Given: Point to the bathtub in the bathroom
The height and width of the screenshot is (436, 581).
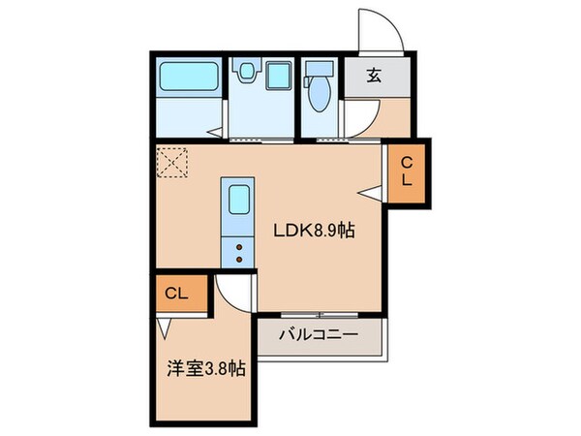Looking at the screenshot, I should [188, 76].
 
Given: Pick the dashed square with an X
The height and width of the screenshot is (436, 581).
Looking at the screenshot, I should [175, 162].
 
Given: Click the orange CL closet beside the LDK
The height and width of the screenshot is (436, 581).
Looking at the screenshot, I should [407, 171].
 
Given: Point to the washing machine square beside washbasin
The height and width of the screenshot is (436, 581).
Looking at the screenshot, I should [279, 75].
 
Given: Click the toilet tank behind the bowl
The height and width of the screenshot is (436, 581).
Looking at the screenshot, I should [316, 70].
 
